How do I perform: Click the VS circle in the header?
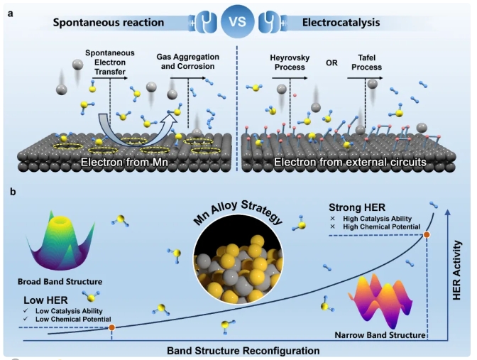tap(238, 21)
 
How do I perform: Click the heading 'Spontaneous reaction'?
tap(109, 22)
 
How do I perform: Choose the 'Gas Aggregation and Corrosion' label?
tap(188, 60)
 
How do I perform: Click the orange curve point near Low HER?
tap(112, 327)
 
